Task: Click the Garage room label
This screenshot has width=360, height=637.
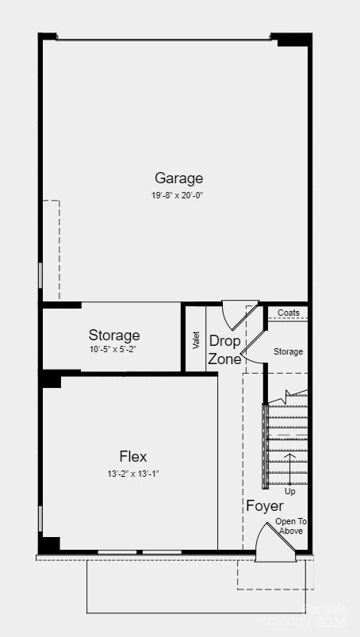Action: click(x=178, y=178)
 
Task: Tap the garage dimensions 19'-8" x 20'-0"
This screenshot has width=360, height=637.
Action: click(x=178, y=195)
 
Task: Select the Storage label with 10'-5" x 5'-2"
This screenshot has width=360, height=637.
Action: click(x=114, y=336)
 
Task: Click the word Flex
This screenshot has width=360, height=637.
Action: click(x=133, y=457)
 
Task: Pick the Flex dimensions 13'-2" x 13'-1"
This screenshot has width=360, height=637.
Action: click(x=133, y=474)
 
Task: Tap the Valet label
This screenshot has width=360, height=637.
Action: click(x=196, y=340)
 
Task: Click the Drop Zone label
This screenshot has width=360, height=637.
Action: click(x=224, y=350)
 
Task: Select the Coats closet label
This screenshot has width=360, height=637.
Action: click(x=289, y=313)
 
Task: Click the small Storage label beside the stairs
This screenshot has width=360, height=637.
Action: click(x=288, y=351)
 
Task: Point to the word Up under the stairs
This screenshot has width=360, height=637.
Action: click(x=290, y=492)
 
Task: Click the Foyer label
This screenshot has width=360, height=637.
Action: click(x=265, y=506)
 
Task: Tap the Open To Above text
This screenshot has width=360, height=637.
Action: click(x=290, y=526)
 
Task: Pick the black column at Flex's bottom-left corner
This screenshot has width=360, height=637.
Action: click(x=50, y=545)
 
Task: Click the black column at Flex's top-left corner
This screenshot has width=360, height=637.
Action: click(x=51, y=379)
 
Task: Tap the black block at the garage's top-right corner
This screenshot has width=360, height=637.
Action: click(x=292, y=39)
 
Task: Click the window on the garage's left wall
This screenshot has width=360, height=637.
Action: click(x=40, y=275)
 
